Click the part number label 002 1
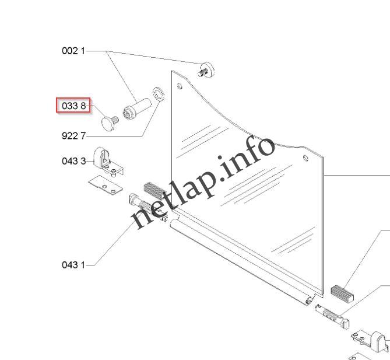(73, 51)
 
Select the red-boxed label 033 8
(73, 106)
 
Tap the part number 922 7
(73, 136)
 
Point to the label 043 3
(73, 160)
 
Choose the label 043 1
(73, 265)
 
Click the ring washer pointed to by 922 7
(157, 94)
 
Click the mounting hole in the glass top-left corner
(180, 87)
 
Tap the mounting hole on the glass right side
(305, 158)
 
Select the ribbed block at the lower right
(342, 290)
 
